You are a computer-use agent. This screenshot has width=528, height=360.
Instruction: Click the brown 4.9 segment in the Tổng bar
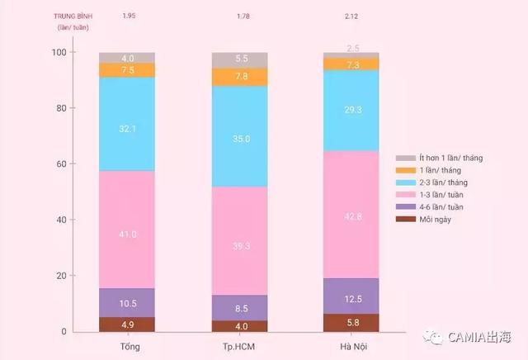pos(127,324)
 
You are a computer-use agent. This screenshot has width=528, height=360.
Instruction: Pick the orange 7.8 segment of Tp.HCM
pos(240,77)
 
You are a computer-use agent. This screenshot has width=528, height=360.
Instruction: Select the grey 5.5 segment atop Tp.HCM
pos(240,59)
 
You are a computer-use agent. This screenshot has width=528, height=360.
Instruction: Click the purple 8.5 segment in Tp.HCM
pos(240,308)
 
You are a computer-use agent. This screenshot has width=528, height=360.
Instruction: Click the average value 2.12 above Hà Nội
pos(351,16)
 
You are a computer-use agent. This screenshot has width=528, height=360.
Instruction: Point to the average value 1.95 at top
pos(129,16)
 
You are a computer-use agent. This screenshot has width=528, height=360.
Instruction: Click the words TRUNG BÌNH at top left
pos(72,16)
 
